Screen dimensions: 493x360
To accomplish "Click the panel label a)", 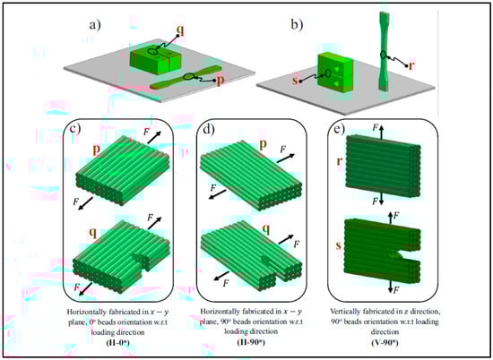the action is [96, 25].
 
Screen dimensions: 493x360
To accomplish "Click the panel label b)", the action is [298, 25].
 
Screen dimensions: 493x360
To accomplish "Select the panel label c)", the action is [74, 128].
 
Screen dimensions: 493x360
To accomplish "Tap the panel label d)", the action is [209, 129].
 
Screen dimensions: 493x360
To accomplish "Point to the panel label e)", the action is [340, 129].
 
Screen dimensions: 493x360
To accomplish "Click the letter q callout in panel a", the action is [180, 30].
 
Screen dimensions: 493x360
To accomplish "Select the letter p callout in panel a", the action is [221, 80].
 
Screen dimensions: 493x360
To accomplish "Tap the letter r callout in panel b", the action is [411, 65].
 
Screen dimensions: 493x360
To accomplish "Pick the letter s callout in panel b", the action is [295, 81].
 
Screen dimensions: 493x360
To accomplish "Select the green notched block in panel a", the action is [156, 59].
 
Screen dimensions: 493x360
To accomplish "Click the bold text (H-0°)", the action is [117, 342].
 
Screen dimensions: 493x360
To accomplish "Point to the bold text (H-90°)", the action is [251, 342].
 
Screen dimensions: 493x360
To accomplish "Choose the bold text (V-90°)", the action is [385, 342].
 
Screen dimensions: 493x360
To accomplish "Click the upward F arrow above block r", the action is [381, 132].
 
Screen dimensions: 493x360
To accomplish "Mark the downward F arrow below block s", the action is [390, 287].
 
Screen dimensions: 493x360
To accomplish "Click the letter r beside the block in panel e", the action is [340, 161].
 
